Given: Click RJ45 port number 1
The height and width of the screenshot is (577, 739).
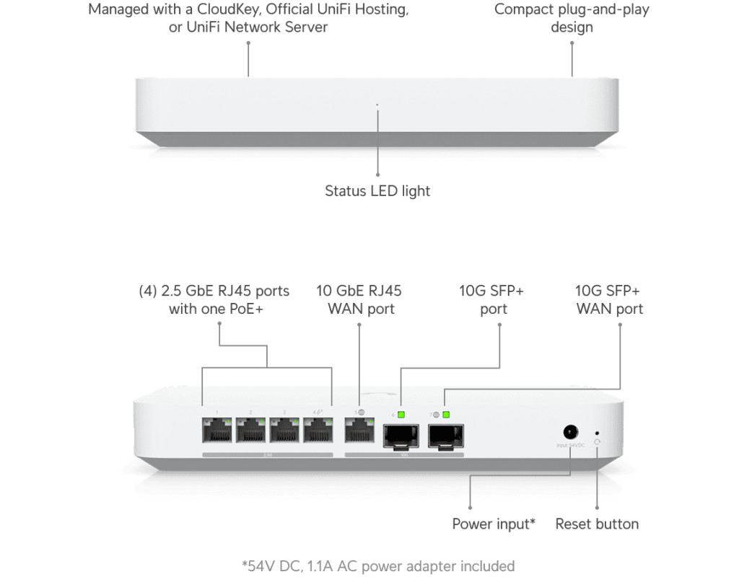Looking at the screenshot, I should coord(217,431).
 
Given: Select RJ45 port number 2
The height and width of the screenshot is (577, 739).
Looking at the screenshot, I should coord(250,431).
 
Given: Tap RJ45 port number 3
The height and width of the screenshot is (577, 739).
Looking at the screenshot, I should coord(284,431).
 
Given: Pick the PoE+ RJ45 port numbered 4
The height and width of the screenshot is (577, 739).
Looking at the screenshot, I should coord(318,431).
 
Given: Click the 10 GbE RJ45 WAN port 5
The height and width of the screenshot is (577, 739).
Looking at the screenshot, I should coord(359,431).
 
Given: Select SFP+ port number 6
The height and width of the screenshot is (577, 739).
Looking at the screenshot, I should coord(402,433).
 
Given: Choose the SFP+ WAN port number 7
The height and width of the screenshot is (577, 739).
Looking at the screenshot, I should coord(445,433).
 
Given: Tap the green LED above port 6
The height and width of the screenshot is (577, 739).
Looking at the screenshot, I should coord(402,415).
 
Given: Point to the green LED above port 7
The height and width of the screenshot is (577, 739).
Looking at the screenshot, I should coord(446,415).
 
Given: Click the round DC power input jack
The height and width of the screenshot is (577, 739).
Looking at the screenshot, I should coord(570,432).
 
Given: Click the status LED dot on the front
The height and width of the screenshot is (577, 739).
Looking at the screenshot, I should coord(377,105).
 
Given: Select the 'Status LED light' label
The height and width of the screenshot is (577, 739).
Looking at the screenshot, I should coord(377,191).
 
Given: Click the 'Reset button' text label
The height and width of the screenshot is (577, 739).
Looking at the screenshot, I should coord(597,524).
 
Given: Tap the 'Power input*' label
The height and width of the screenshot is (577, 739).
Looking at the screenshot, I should coord(494,524).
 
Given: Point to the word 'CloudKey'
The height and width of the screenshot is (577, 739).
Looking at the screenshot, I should coord(217,10).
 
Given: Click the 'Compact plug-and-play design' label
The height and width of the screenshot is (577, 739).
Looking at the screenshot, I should coord(572,19).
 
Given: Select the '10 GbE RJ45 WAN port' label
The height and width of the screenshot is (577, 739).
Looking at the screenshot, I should coord(359,300).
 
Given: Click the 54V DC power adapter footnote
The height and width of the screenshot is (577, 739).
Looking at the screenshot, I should coord(377,565).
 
